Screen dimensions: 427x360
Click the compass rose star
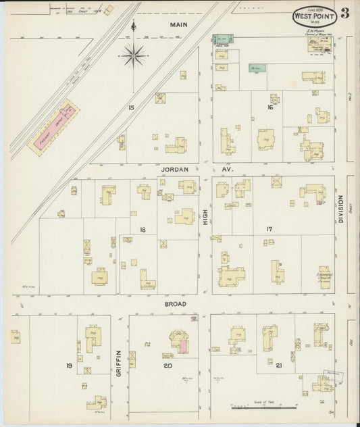(x=134, y=53)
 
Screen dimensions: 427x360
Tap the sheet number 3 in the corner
(x=344, y=14)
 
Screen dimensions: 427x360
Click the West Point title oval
(x=313, y=16)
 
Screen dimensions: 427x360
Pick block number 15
(x=131, y=107)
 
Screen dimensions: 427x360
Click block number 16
(x=269, y=107)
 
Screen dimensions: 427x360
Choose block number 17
(x=269, y=230)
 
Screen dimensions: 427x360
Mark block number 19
(x=68, y=366)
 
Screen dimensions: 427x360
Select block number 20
(x=168, y=366)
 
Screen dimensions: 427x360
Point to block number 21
(x=278, y=366)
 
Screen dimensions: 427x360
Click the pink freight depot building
(x=53, y=124)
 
